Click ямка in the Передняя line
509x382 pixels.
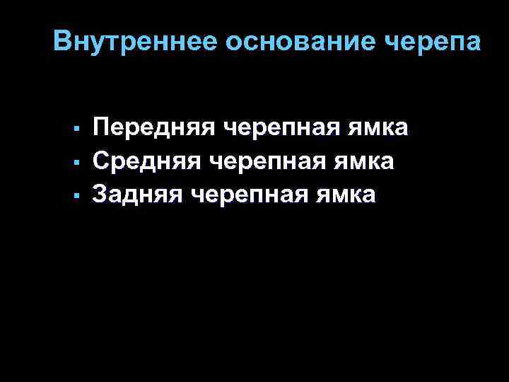382,129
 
